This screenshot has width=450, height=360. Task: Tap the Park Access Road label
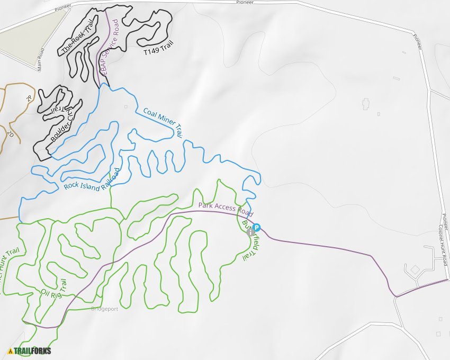tap(223, 208)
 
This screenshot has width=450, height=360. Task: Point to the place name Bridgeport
tap(104, 308)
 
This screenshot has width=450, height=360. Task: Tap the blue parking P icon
tap(257, 228)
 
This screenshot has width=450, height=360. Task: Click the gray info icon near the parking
tap(251, 232)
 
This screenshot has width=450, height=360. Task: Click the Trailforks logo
tap(30, 350)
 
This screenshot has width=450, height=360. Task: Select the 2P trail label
tap(29, 98)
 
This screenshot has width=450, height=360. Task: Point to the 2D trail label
tap(11, 134)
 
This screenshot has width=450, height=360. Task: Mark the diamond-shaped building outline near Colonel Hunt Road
tap(415, 270)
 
